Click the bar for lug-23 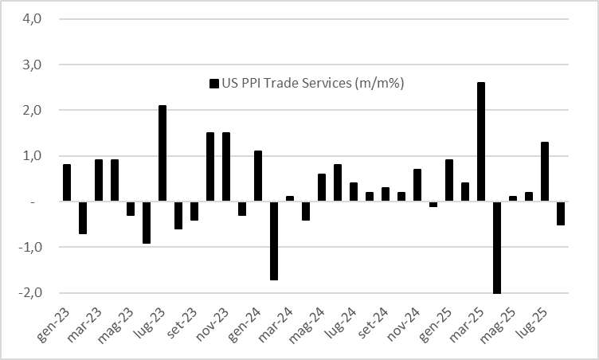[x=162, y=154]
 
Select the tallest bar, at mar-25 [x=481, y=142]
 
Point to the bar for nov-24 [x=417, y=186]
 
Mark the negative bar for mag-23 [x=131, y=209]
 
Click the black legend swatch [x=213, y=84]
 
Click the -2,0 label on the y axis [x=29, y=293]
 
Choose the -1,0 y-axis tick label [x=29, y=248]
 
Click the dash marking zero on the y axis [x=33, y=202]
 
